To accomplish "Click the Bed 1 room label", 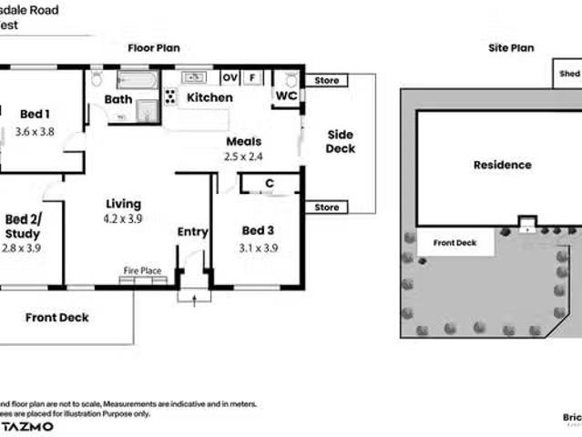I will (35, 114).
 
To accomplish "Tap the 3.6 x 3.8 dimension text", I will (35, 131).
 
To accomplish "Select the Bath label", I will (117, 99).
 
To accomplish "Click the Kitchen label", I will (209, 97).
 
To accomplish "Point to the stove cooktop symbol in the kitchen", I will (170, 96).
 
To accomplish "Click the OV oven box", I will (229, 77).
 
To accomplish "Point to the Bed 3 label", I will (258, 230).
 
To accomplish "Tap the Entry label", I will (192, 232).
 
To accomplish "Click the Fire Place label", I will (143, 271).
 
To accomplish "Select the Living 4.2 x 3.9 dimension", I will (124, 218).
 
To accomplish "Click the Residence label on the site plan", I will (502, 165).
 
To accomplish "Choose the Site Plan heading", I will (511, 48).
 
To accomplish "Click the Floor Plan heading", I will (153, 47).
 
